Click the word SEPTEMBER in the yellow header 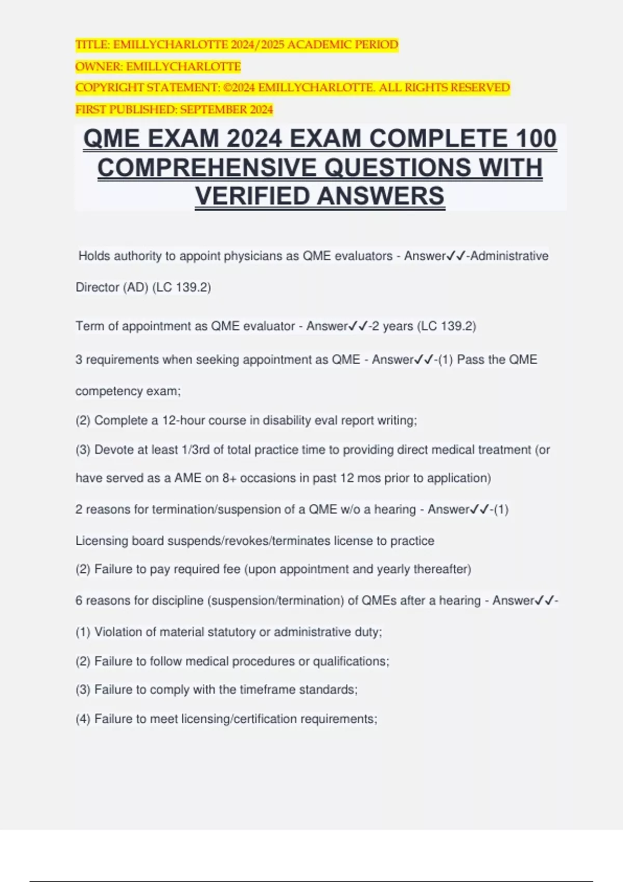coord(214,109)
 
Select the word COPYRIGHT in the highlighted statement coord(109,88)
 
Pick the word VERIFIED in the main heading coord(253,196)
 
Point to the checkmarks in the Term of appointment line coord(359,326)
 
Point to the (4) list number coord(83,719)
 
